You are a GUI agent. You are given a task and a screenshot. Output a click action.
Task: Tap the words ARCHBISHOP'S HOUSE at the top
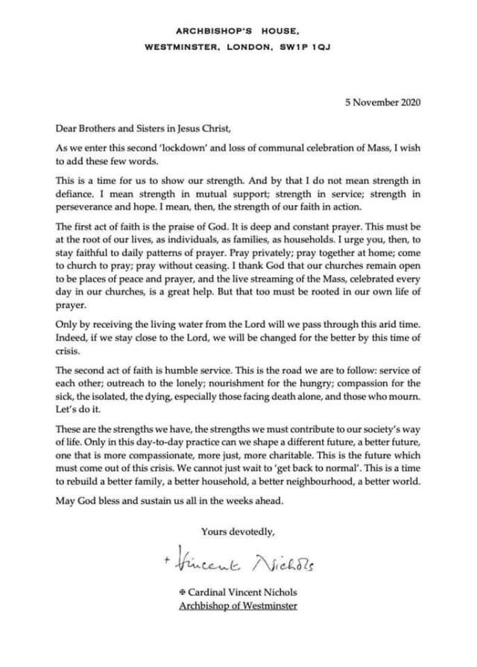click(x=237, y=31)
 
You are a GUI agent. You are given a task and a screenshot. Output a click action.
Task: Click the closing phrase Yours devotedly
click(x=238, y=531)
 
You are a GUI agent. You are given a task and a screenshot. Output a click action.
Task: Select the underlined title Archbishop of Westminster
click(x=238, y=604)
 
